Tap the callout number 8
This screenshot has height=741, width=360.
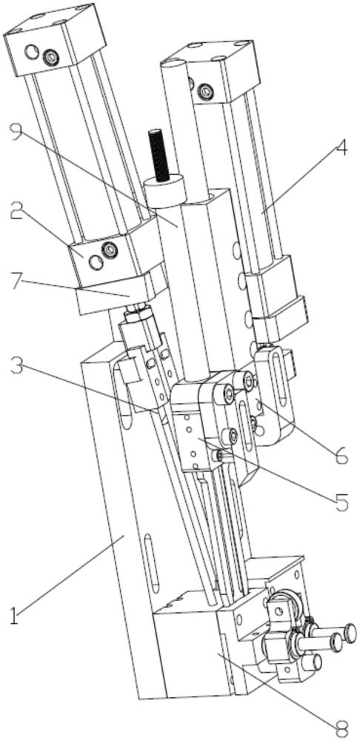(341, 728)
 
